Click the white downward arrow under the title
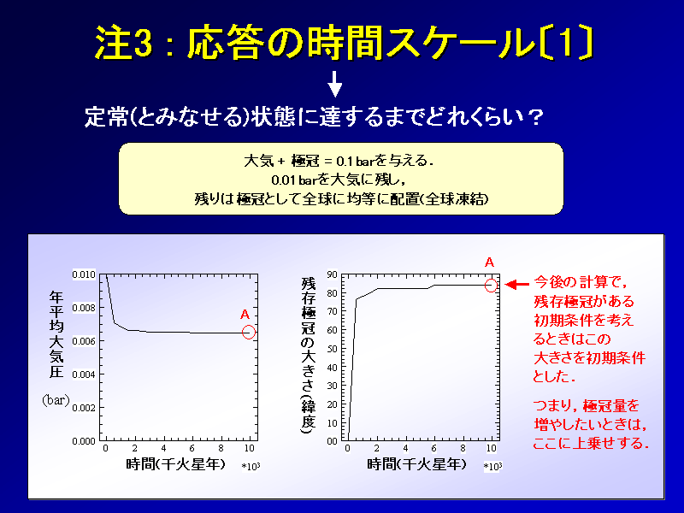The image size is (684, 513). (x=334, y=85)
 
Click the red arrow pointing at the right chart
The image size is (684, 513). (x=517, y=285)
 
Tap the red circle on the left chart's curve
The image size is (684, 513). (x=249, y=333)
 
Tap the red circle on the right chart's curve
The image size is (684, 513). (x=491, y=286)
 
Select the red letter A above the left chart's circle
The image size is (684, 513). (x=245, y=314)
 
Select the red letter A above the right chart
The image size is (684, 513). (x=489, y=262)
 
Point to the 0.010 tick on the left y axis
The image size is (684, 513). (x=84, y=274)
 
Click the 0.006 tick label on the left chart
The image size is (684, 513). (x=84, y=341)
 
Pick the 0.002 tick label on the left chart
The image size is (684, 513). (x=84, y=408)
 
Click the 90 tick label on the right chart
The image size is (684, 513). (x=333, y=274)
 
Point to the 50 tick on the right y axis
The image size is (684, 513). (x=333, y=349)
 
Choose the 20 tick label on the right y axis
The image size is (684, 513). (x=333, y=404)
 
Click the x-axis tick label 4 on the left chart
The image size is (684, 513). (x=163, y=448)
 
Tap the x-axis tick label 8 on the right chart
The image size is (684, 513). (x=463, y=448)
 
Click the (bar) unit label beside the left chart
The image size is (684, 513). (x=56, y=400)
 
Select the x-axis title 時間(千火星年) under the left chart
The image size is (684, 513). (x=176, y=463)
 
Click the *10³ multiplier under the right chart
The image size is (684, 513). (x=492, y=466)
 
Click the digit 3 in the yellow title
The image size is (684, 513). (x=142, y=42)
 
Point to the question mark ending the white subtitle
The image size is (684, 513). (x=535, y=117)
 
